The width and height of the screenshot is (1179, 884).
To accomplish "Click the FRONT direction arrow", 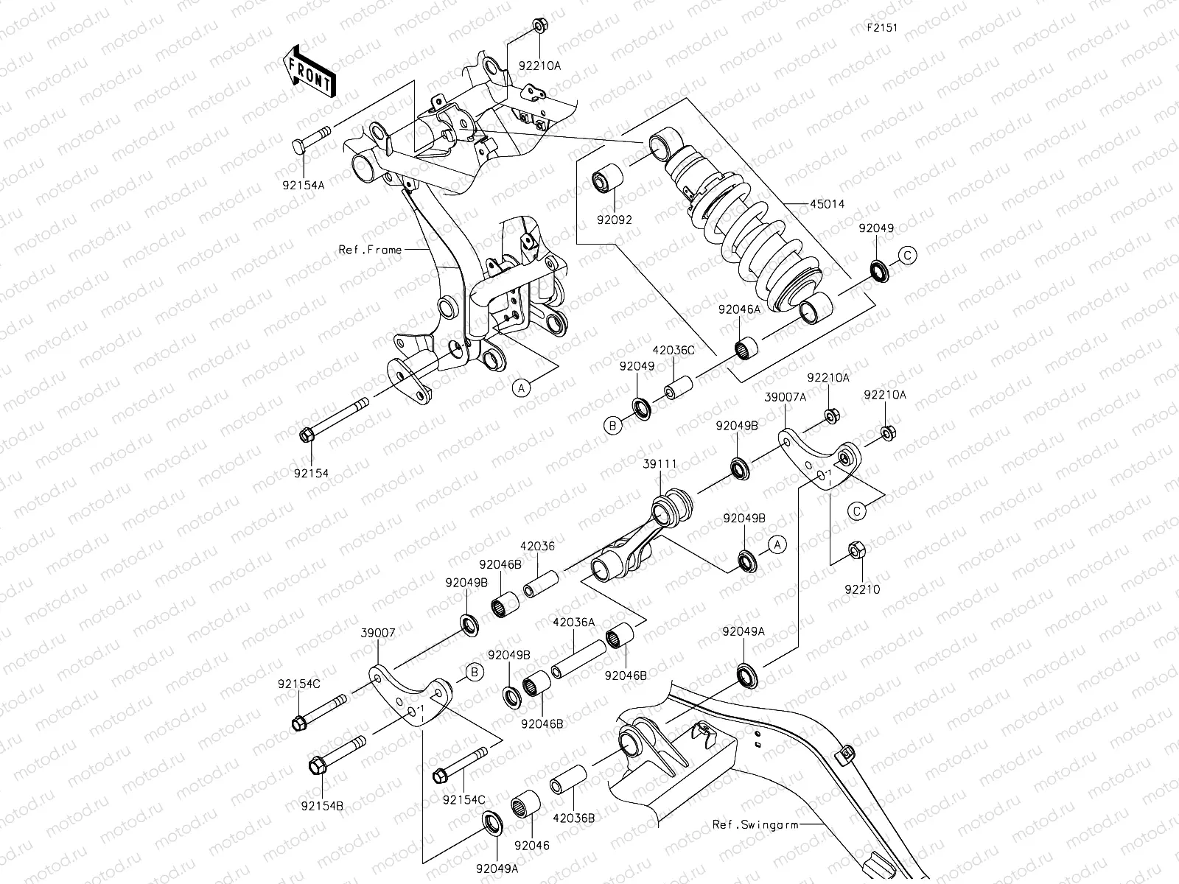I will pos(309,71).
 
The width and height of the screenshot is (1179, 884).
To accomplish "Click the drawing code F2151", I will pos(883,27).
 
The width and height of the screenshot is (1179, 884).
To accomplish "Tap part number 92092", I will pos(615,220).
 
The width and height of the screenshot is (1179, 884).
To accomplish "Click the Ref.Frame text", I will pos(370,250).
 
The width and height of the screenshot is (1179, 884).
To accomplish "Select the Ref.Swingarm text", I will pos(755,824).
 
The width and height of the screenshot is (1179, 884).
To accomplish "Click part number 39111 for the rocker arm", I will pos(659,463).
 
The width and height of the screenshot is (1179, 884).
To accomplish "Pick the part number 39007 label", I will pos(377,633).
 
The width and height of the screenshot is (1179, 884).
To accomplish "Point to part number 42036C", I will pos(673,351).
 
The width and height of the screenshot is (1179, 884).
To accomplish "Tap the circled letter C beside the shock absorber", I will pos(907,256).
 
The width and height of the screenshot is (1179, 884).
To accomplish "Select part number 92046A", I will pos(739,311).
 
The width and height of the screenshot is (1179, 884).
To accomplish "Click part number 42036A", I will pos(573,622).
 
